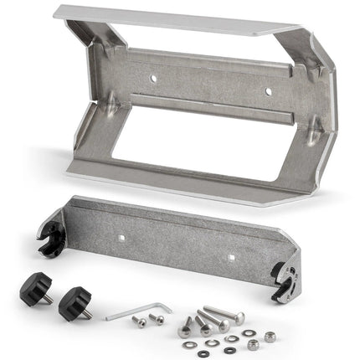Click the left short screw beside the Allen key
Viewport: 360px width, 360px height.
pyautogui.click(x=141, y=322)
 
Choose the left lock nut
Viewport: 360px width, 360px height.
pyautogui.click(x=251, y=346)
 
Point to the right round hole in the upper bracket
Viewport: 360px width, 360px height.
pyautogui.click(x=268, y=91)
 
